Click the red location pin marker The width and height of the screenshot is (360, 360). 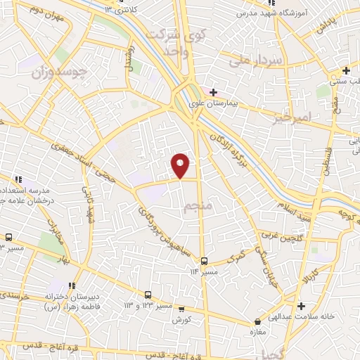tap(181, 165)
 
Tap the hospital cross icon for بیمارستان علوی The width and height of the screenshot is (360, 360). tap(213, 92)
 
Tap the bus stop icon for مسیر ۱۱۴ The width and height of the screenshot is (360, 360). tap(204, 260)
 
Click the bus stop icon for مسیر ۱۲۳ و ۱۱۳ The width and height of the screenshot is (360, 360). tap(148, 295)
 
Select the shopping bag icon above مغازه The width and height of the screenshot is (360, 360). tap(258, 322)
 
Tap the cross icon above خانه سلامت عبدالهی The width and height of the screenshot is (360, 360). tap(301, 306)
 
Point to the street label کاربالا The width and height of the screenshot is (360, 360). tap(310, 271)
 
